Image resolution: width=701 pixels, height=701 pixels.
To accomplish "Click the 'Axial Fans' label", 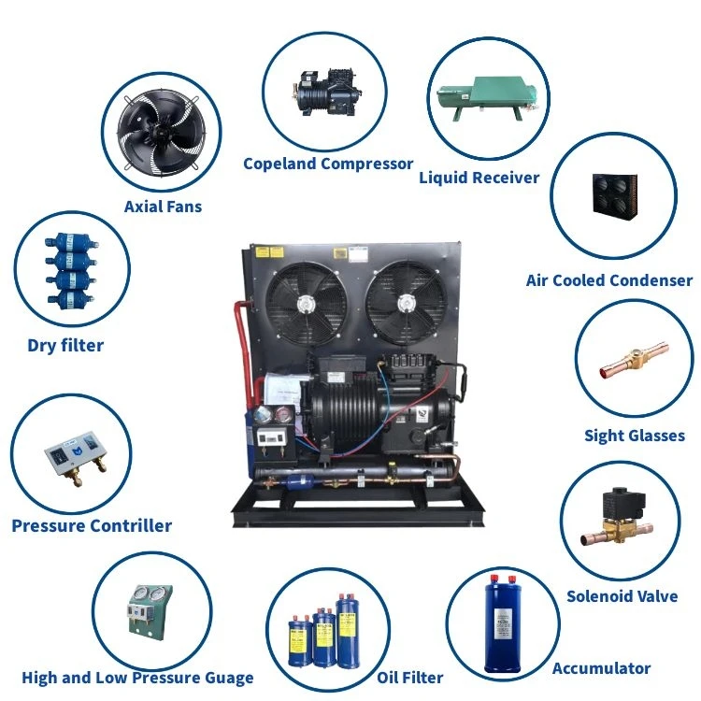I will point(163,206).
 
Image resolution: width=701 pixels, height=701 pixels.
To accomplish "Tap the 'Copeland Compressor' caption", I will point(328,164).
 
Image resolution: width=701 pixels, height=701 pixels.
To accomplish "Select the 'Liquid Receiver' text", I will point(479,177).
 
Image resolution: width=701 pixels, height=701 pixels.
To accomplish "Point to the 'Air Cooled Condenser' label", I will point(609,280).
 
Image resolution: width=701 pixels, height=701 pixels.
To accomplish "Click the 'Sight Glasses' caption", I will point(635,436).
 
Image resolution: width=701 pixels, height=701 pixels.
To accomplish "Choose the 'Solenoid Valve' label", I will point(622,596).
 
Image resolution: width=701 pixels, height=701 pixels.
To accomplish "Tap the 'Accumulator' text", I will point(601,668).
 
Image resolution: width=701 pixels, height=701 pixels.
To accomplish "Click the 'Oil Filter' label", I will point(410,678).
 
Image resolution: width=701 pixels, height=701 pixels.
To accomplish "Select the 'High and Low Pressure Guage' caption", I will point(137,678).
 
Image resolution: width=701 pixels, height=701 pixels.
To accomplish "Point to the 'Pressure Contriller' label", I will point(92,525).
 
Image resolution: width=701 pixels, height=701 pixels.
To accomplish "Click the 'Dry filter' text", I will point(65,346).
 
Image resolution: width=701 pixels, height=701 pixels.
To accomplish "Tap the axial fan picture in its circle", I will point(163,131).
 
